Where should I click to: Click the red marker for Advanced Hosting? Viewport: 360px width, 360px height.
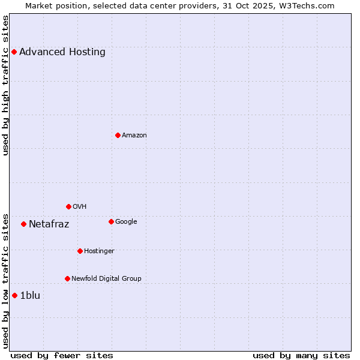(x=14, y=52)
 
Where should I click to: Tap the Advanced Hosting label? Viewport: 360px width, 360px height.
(x=62, y=52)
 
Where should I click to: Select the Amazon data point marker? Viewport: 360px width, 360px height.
(x=118, y=135)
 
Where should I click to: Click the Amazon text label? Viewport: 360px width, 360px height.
(x=134, y=135)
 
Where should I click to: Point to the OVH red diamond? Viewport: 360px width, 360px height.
(x=68, y=206)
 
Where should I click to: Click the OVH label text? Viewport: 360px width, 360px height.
(x=80, y=206)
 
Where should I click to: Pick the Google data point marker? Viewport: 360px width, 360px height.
(x=111, y=221)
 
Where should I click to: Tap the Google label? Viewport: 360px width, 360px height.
(x=126, y=221)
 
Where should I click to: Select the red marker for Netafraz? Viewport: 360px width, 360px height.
(x=23, y=224)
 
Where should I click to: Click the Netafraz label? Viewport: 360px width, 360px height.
(x=49, y=224)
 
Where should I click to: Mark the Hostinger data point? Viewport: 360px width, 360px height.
(x=80, y=251)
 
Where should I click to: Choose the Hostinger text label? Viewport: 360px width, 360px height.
(x=99, y=251)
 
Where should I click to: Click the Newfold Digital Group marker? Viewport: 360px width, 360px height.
(x=67, y=278)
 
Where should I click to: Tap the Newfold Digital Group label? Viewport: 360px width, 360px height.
(x=107, y=278)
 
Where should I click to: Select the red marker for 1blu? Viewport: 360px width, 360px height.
(x=14, y=295)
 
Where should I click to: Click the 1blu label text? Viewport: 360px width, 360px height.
(x=30, y=295)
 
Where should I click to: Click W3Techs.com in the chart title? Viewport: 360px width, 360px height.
(x=312, y=5)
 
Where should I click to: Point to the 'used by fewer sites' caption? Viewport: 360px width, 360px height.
(x=62, y=355)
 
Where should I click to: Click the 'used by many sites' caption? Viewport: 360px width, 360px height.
(x=301, y=355)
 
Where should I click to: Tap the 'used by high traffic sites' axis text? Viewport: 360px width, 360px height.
(x=5, y=85)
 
